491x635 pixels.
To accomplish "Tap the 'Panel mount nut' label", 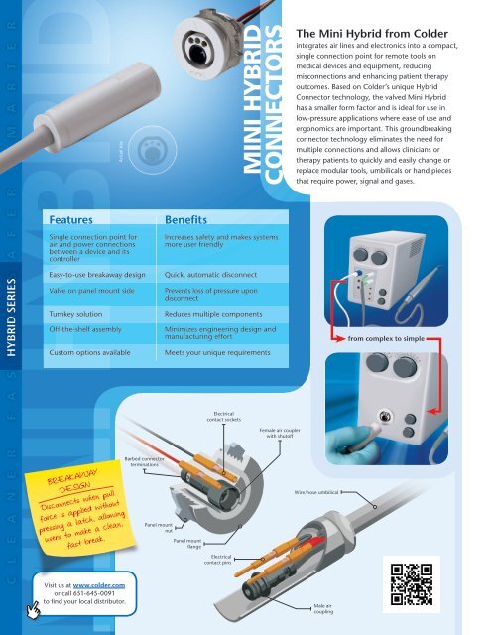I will (156, 527).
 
